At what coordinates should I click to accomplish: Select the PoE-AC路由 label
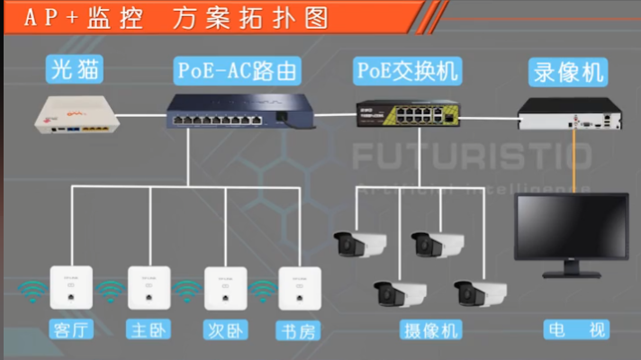239,69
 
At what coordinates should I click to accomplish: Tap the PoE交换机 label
407,69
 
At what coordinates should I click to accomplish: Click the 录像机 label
569,69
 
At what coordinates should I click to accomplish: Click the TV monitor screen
571,229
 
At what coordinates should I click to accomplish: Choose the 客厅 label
71,330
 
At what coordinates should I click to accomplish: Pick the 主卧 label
147,330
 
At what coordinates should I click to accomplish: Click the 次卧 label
223,330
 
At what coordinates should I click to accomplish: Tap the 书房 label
299,330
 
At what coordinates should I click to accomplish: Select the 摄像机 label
430,330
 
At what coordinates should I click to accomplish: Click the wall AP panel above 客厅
71,288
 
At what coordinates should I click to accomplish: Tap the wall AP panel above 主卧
149,288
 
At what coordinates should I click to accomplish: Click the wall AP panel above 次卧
224,288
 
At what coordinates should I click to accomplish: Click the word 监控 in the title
111,18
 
